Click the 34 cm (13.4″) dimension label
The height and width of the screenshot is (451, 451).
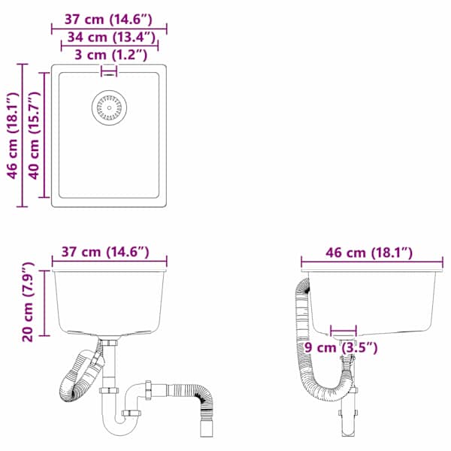tap(111, 38)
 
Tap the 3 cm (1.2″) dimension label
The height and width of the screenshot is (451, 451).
tap(111, 55)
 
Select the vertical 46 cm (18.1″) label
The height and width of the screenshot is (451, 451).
tap(13, 135)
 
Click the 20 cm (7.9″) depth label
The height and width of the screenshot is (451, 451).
tap(28, 302)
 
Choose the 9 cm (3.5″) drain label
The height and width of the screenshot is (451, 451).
tap(341, 348)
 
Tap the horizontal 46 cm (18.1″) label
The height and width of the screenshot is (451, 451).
tap(369, 253)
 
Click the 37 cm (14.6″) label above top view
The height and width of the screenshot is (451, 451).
tap(108, 20)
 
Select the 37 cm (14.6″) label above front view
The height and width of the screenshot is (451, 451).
tap(105, 253)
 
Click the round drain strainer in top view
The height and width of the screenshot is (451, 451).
tap(109, 107)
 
